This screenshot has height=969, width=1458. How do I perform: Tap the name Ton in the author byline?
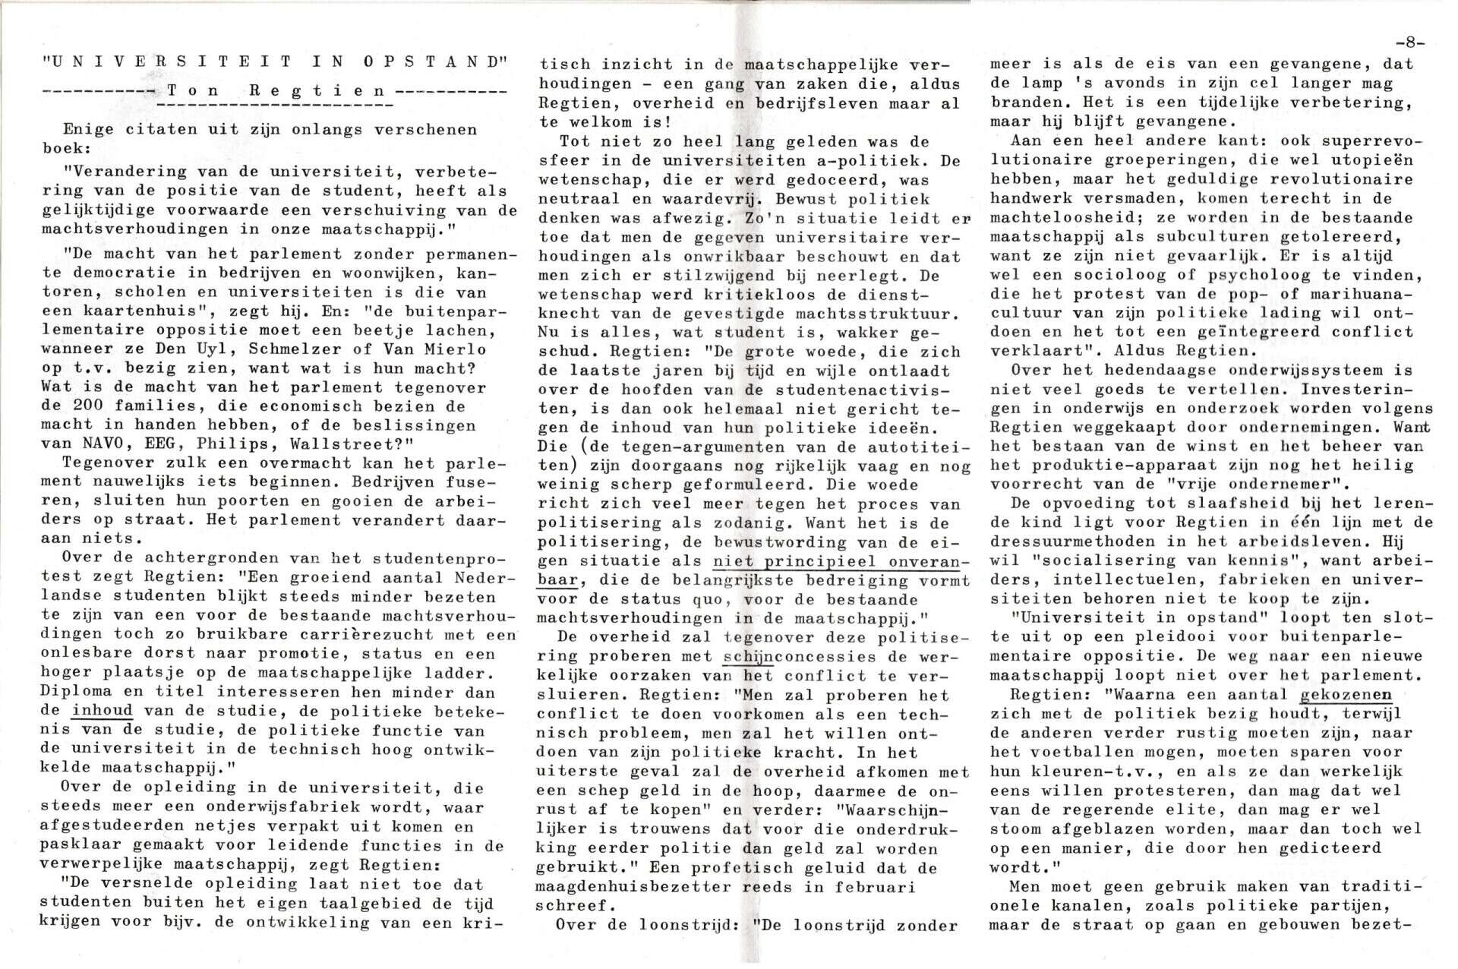pyautogui.click(x=189, y=90)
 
